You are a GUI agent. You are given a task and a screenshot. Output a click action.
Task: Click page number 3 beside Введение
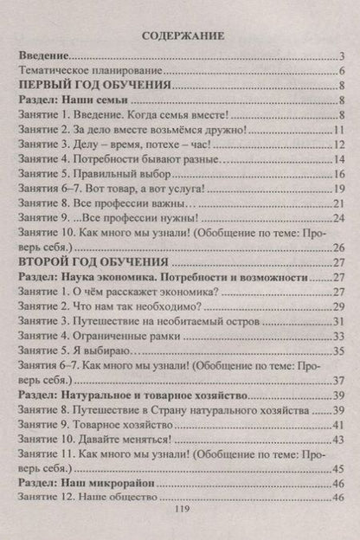click(x=343, y=57)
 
